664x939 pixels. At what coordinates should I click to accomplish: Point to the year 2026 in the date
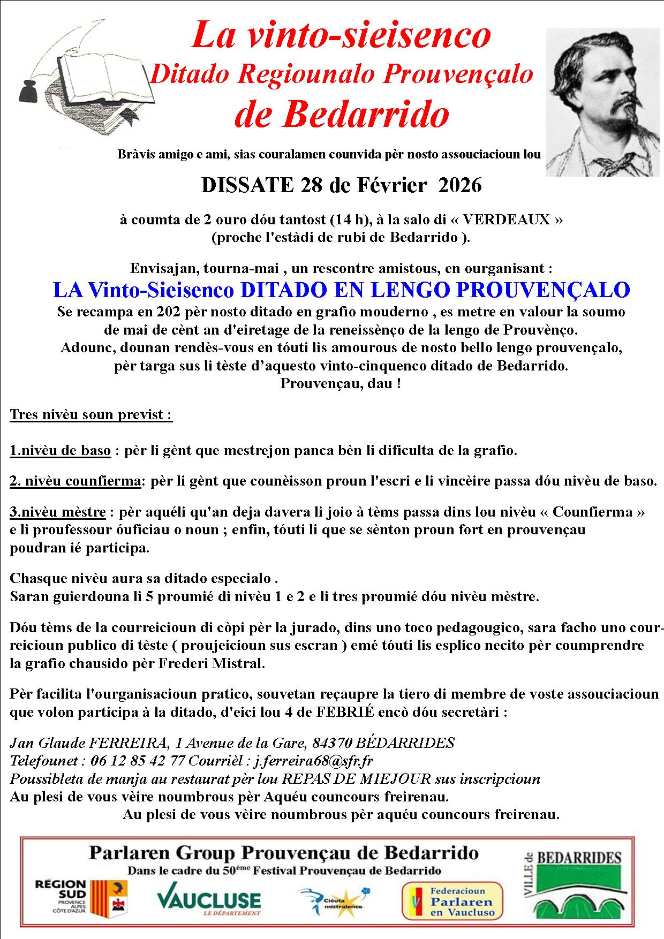tap(460, 185)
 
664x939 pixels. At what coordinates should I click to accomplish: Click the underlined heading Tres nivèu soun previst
tap(91, 415)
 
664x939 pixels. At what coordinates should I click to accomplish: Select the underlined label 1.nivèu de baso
tap(60, 451)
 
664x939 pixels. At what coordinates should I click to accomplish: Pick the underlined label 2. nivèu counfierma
tap(75, 481)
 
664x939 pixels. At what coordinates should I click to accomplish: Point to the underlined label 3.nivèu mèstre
tap(58, 512)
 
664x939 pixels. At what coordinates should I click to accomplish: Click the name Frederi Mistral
tap(212, 664)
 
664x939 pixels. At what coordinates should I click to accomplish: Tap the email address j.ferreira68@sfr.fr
tap(314, 760)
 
